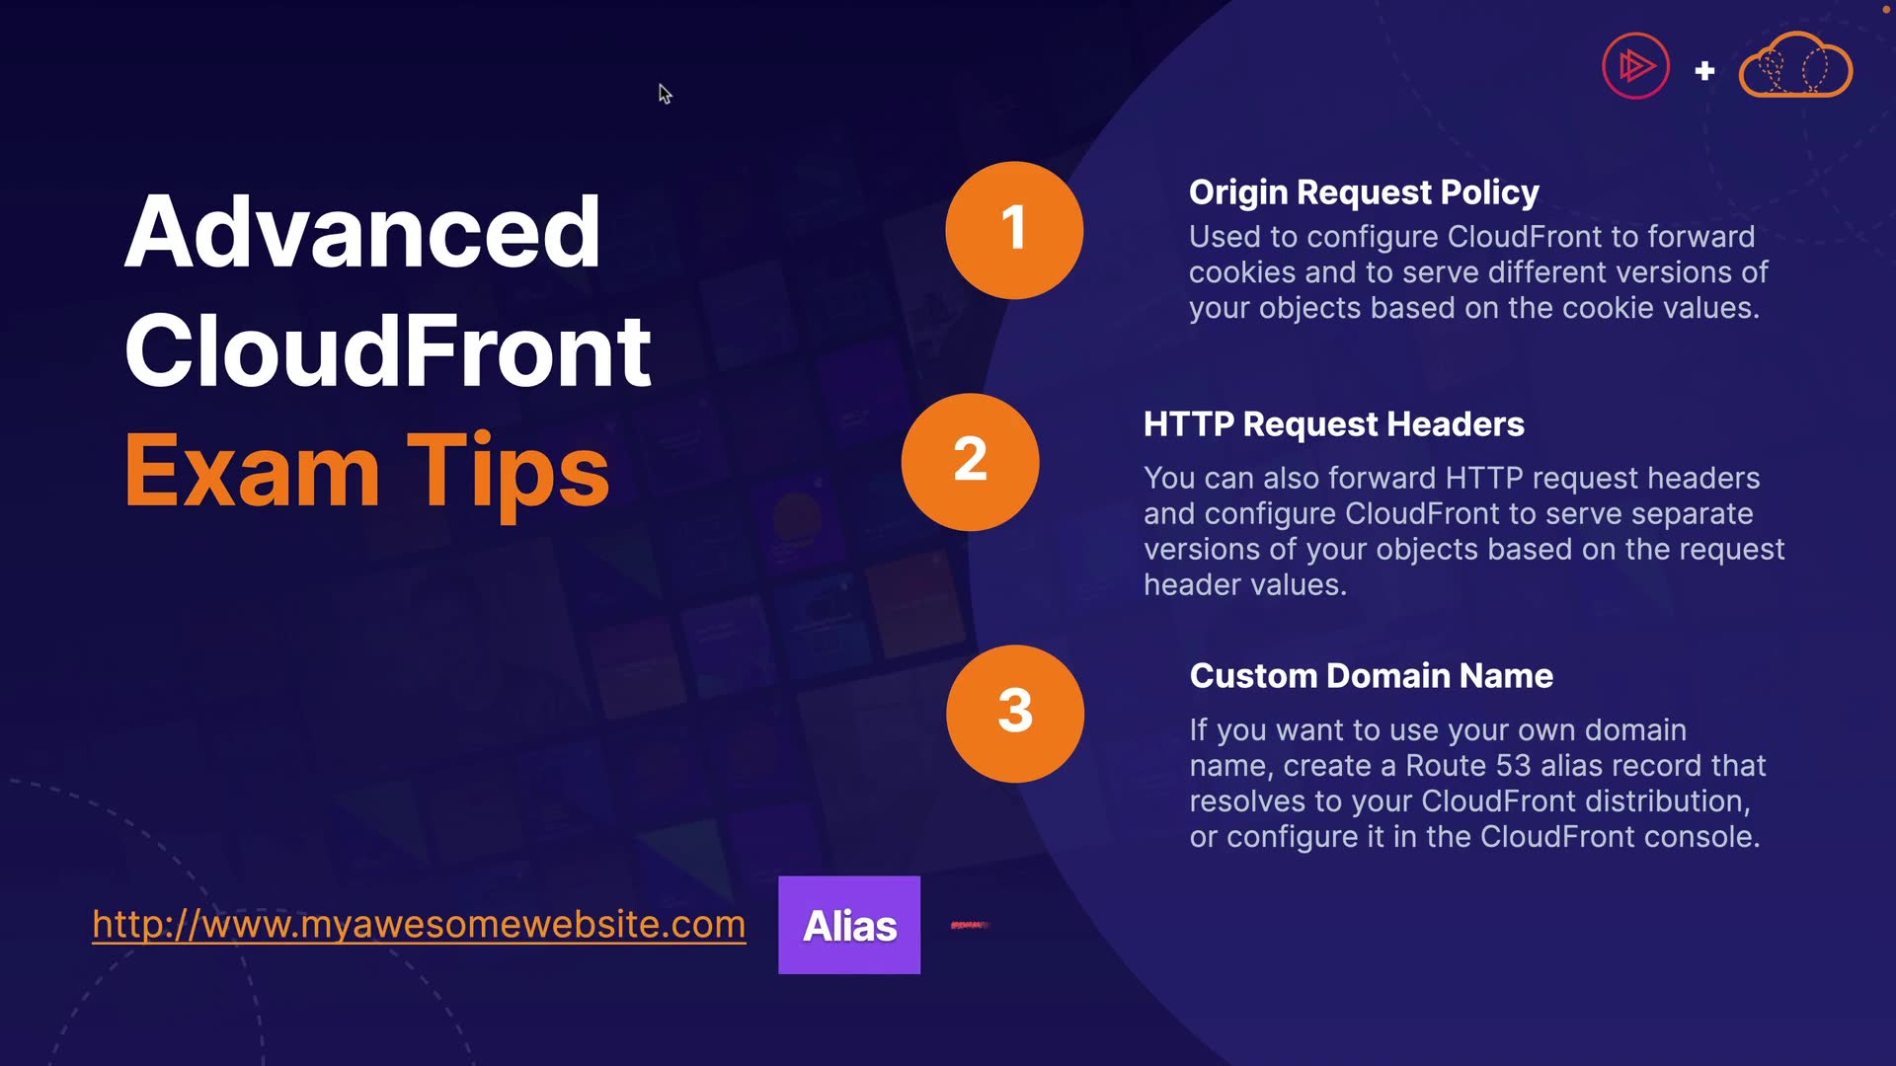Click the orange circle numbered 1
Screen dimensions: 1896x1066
(x=1014, y=230)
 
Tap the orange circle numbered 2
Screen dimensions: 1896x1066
(x=970, y=462)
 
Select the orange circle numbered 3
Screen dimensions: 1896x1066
(x=1015, y=714)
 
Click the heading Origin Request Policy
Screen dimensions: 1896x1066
(x=1364, y=192)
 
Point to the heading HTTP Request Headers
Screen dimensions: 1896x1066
(x=1334, y=424)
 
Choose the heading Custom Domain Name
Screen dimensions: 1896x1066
(x=1371, y=676)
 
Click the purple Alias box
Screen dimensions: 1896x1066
(x=849, y=925)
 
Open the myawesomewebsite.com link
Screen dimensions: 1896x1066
(x=419, y=925)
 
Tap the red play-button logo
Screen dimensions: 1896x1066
(x=1635, y=66)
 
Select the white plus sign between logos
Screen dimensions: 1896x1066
(x=1704, y=71)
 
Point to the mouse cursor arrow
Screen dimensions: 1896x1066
(x=665, y=94)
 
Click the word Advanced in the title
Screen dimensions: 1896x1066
(x=362, y=232)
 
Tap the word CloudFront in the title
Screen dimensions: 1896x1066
(x=387, y=351)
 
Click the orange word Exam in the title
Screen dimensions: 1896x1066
(x=252, y=471)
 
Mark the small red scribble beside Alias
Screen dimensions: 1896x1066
(x=970, y=925)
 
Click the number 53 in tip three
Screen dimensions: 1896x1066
(x=1514, y=766)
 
